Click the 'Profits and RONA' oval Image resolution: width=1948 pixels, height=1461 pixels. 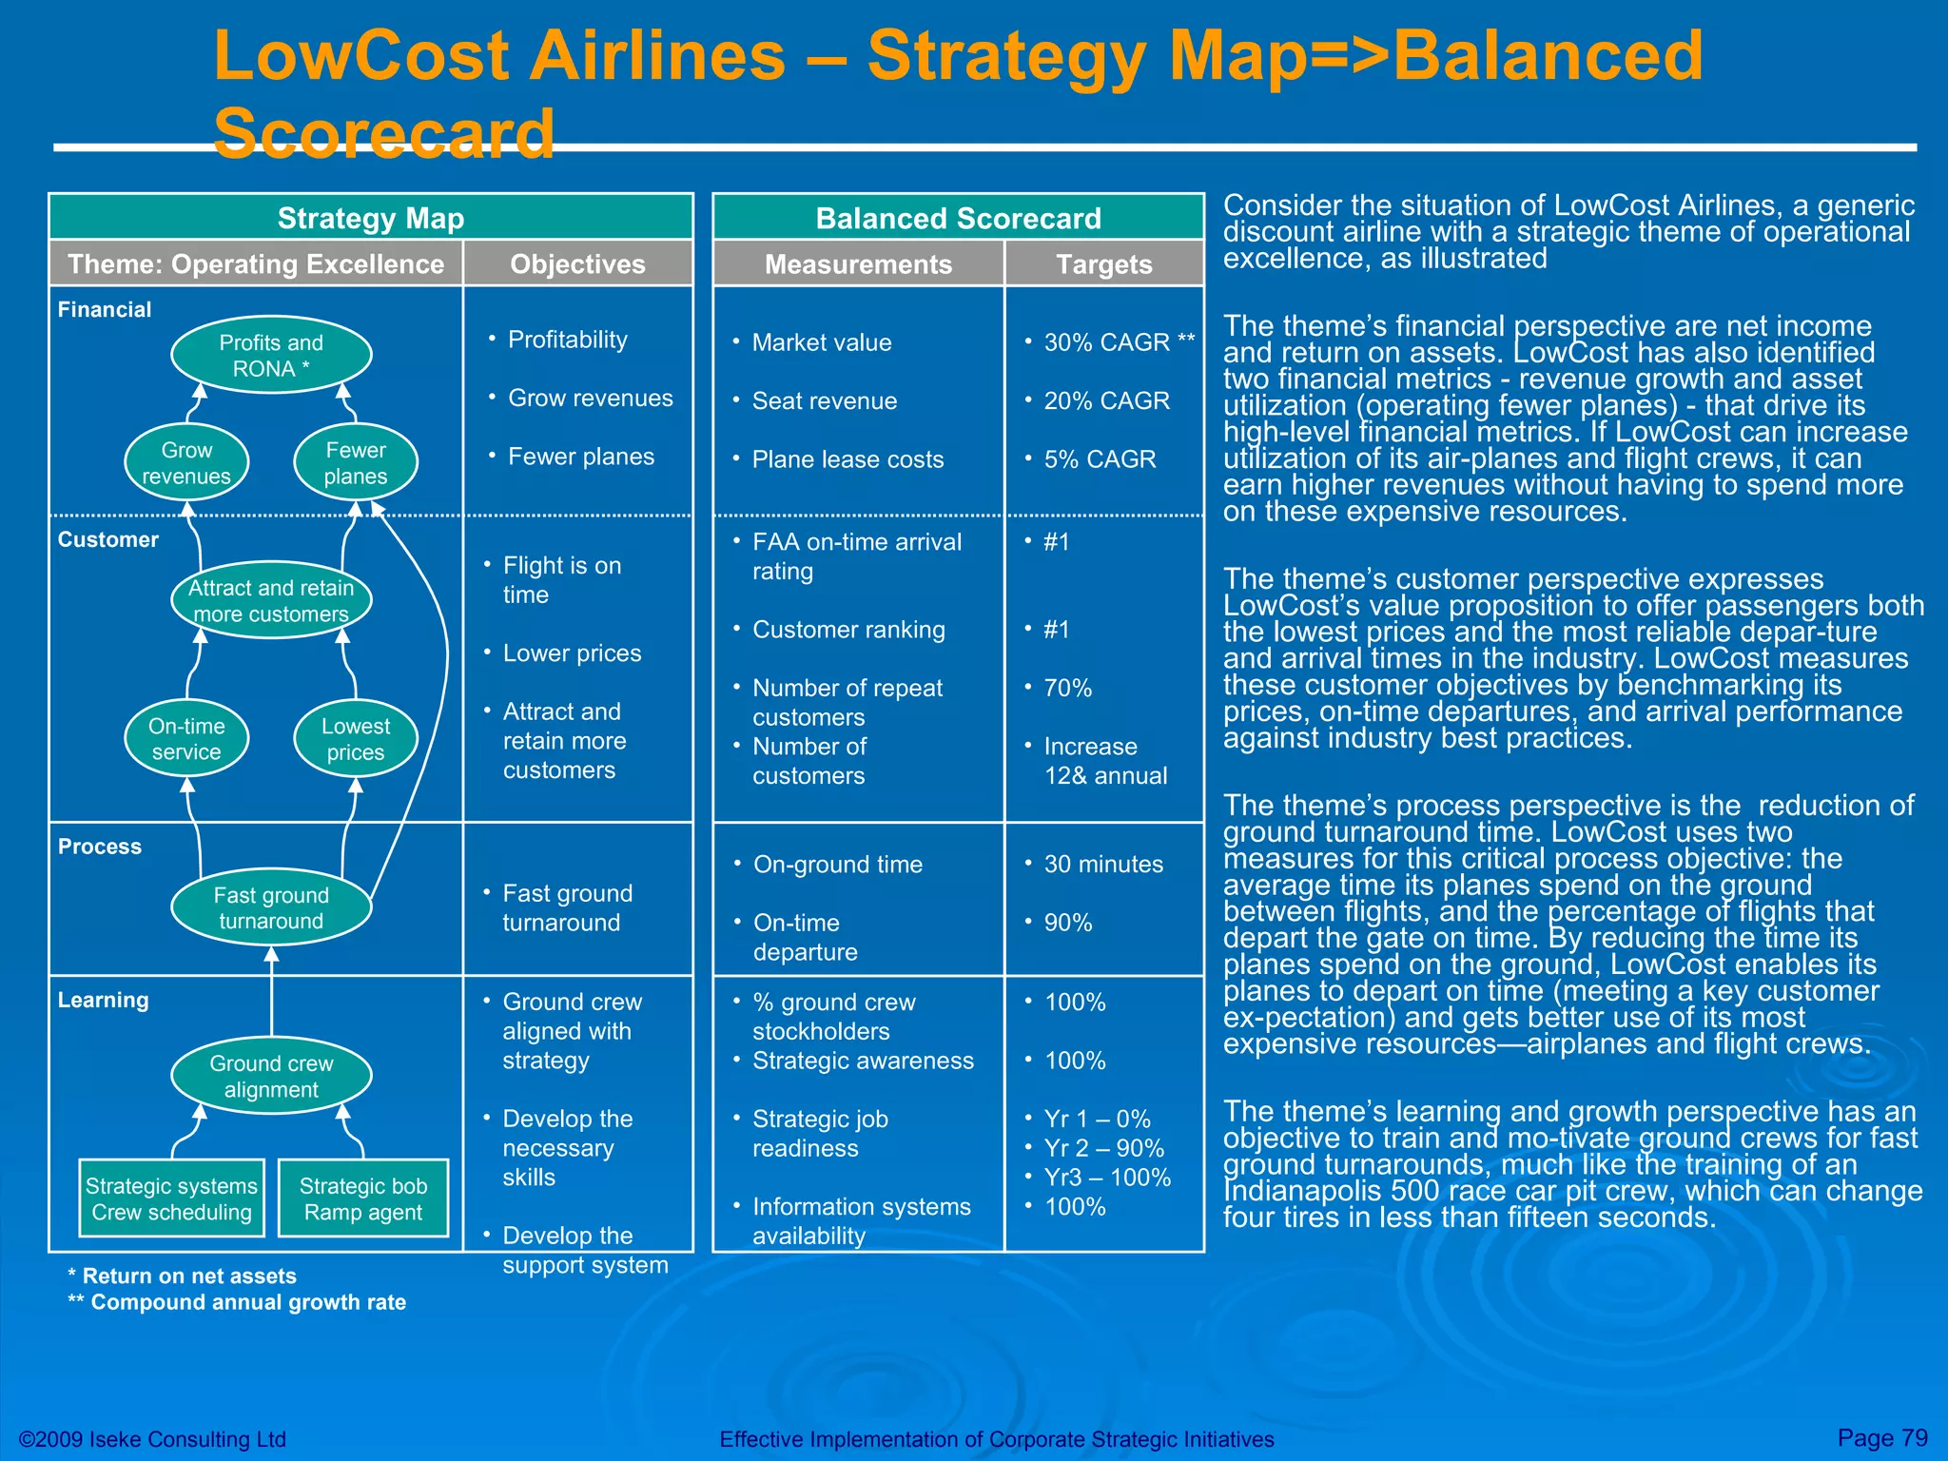(x=271, y=356)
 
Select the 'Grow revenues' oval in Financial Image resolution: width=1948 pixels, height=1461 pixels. (x=186, y=463)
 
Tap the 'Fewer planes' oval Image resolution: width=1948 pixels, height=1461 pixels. (x=356, y=463)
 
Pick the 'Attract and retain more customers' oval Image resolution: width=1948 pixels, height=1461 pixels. (x=271, y=601)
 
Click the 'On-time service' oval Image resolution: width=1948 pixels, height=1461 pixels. (x=186, y=739)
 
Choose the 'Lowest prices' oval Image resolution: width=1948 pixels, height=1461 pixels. (x=356, y=739)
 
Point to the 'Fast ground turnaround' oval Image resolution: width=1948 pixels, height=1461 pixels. (x=271, y=908)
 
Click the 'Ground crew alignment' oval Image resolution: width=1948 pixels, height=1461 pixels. (x=271, y=1077)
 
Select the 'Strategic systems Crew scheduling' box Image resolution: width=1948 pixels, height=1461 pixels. (x=171, y=1198)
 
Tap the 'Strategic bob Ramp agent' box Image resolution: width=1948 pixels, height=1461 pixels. (x=363, y=1198)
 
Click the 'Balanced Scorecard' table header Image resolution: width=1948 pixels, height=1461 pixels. (x=958, y=218)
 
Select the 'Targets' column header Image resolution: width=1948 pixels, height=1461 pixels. (x=1103, y=264)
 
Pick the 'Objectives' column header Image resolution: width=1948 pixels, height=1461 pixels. (x=577, y=264)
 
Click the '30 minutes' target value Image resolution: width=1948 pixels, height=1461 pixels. (x=1103, y=865)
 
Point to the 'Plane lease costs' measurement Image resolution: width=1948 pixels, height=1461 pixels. (x=847, y=459)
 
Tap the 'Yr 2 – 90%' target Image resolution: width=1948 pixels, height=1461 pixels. (x=1103, y=1148)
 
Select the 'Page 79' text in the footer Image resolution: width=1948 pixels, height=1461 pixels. (x=1881, y=1437)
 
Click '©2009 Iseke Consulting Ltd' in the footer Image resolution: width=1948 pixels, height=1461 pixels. (x=153, y=1439)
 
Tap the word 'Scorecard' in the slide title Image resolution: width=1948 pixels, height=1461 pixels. (x=384, y=133)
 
